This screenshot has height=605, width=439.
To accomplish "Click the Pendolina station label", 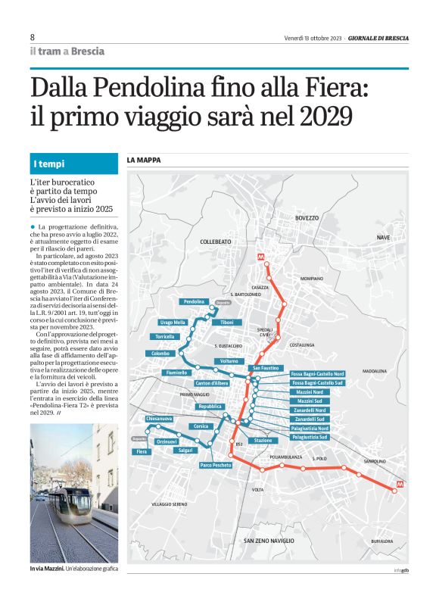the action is (x=193, y=301).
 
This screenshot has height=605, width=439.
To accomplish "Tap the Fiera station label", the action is (x=142, y=451).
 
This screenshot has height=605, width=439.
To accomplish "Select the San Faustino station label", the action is (x=266, y=367).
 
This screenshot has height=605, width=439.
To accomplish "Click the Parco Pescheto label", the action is (x=216, y=464).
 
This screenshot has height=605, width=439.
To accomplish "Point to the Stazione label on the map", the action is (x=263, y=440).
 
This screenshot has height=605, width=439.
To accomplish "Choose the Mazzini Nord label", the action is (x=310, y=392).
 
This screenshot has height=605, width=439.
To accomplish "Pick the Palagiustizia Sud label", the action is (x=310, y=437).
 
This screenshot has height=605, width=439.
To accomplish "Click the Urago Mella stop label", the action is (x=173, y=323).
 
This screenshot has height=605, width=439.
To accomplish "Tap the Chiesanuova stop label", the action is (x=159, y=418).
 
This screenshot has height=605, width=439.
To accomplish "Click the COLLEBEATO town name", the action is (x=215, y=241).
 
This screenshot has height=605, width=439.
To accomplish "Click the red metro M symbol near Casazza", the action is (x=262, y=257).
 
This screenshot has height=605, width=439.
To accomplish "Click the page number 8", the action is (x=33, y=37).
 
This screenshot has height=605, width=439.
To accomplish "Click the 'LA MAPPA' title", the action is (x=143, y=160).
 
